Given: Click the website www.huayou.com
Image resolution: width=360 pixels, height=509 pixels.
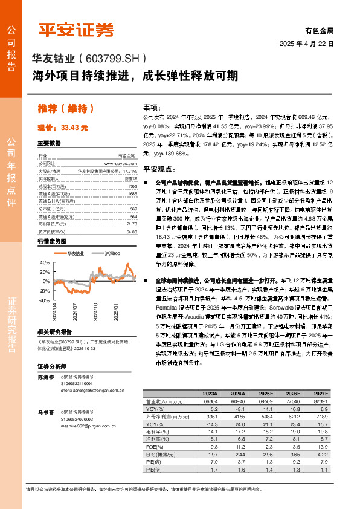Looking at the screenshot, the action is [x=120, y=163].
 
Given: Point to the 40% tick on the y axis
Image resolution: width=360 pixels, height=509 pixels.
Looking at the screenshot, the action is [x=45, y=263].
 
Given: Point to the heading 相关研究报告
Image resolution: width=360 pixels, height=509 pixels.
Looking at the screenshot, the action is [x=56, y=331].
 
